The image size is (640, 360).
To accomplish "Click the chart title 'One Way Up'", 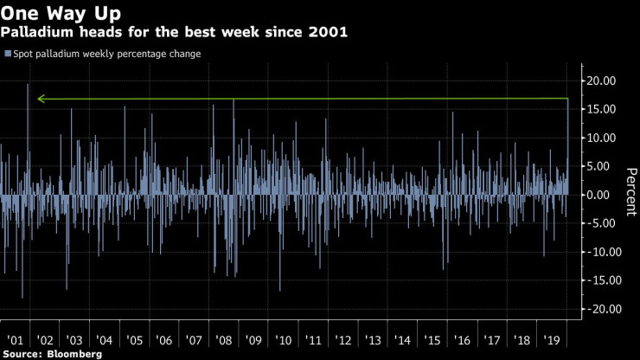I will tap(61, 13).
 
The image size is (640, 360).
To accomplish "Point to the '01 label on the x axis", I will tap(16, 341).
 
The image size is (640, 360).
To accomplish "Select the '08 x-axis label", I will tap(223, 341).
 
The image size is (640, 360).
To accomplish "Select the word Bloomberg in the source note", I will tap(74, 353).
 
